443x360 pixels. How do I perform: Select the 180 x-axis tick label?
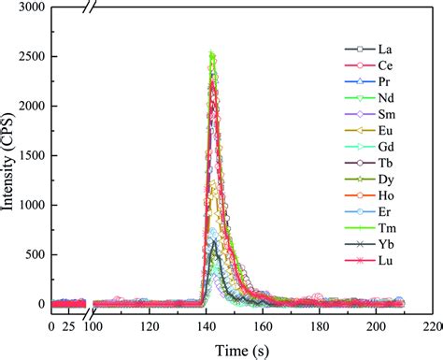[x=319, y=326]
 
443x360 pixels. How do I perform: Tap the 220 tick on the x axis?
[x=430, y=326]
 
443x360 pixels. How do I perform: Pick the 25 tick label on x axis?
[x=69, y=326]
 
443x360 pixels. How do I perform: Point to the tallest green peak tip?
[x=212, y=53]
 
